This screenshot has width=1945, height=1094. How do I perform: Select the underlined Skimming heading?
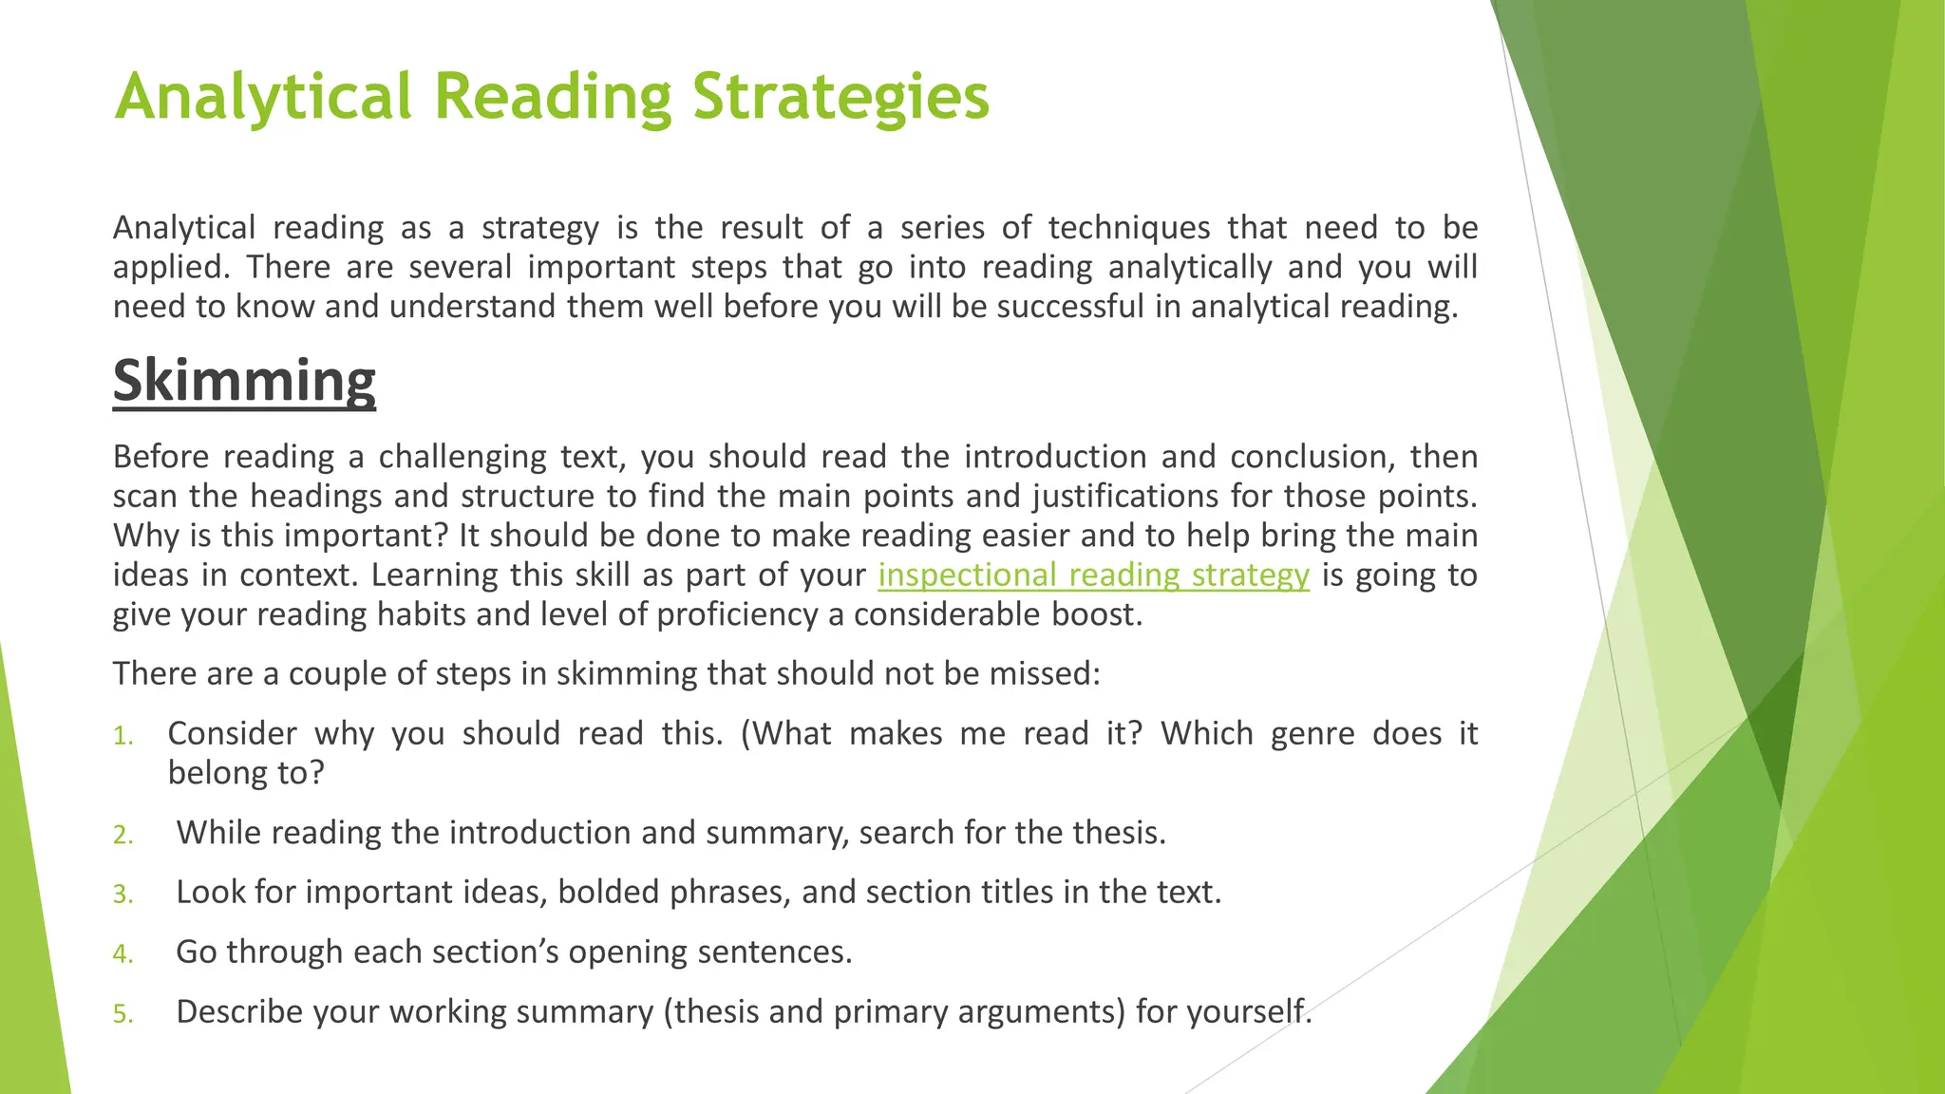[x=244, y=381]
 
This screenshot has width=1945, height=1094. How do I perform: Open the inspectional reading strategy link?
[x=1093, y=575]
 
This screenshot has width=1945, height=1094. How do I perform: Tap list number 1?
[x=123, y=736]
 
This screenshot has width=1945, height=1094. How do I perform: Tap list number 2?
[x=123, y=835]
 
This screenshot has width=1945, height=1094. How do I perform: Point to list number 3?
[x=123, y=895]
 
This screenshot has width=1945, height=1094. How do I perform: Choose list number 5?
[x=123, y=1014]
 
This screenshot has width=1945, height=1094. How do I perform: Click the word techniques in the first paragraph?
[x=1129, y=228]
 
